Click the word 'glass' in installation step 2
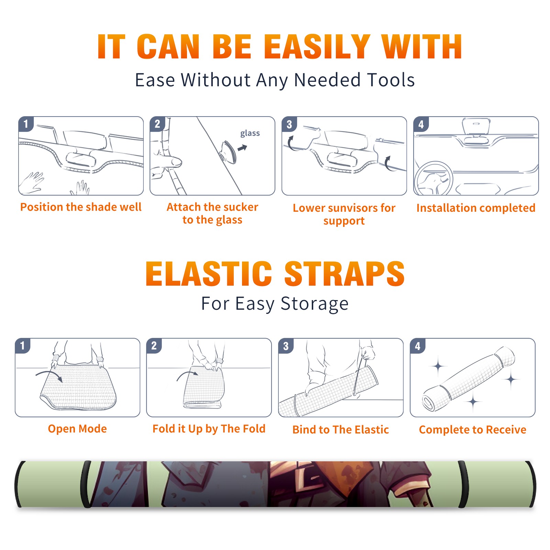pos(250,133)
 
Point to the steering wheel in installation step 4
pos(433,179)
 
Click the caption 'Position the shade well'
pos(81,207)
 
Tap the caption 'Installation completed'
pos(476,208)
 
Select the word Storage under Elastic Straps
pos(315,304)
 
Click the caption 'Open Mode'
pos(77,429)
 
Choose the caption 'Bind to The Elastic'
pos(341,430)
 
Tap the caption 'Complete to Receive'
pos(473,430)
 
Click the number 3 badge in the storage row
pos(286,346)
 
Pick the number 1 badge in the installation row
pos(26,124)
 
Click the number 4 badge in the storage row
pos(418,346)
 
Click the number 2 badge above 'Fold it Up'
pos(154,345)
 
